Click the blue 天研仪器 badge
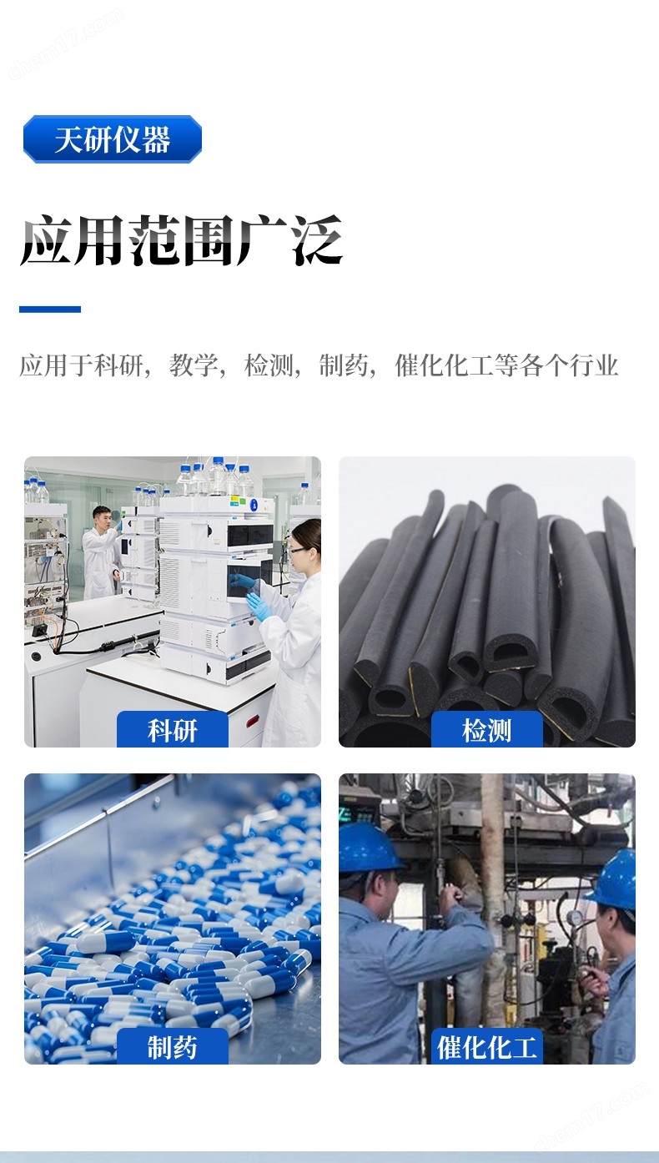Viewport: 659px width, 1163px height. tap(112, 139)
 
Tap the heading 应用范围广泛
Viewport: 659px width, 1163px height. tap(181, 240)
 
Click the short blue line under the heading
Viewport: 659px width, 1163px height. tap(50, 310)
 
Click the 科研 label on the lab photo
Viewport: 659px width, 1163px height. tap(173, 731)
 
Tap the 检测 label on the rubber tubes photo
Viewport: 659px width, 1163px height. tap(487, 731)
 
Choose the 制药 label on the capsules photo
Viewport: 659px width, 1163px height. tap(173, 1047)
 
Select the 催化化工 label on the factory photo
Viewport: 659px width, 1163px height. tap(487, 1047)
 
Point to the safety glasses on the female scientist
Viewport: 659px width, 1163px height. tap(298, 550)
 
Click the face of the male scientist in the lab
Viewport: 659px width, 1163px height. tap(102, 519)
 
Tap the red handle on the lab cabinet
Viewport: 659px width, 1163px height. tap(252, 721)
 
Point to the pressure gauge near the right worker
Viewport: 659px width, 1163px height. tap(575, 918)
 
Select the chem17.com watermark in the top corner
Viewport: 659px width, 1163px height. tap(66, 43)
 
